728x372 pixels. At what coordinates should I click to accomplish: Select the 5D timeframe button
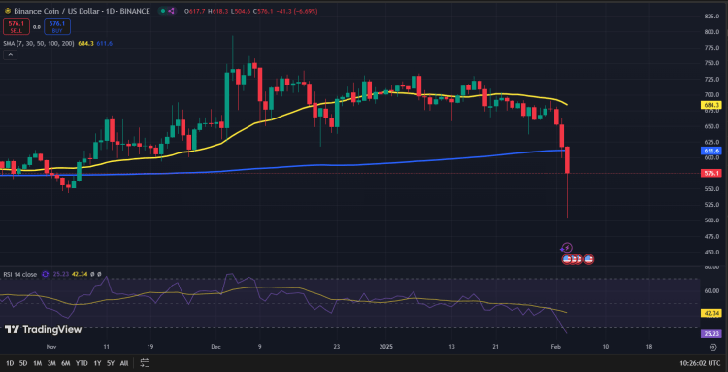(x=21, y=362)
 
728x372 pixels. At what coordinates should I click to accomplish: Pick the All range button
(x=123, y=362)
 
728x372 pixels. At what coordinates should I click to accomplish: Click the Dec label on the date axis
(x=215, y=345)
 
